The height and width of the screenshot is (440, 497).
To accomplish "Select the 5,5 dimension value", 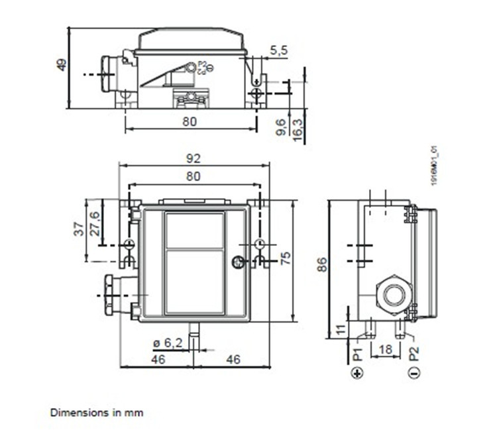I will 279,50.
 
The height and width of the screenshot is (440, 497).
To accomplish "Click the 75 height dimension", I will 286,258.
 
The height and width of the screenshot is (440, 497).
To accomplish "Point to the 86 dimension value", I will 321,265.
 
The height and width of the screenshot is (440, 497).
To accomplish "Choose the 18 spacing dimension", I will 385,349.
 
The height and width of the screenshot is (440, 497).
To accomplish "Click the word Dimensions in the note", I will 72,412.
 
